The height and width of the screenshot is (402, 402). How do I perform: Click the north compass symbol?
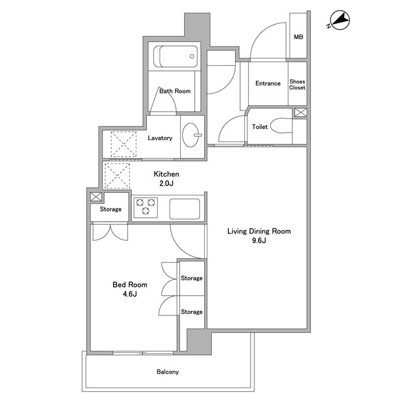(339, 20)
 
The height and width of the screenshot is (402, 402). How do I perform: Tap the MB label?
(298, 37)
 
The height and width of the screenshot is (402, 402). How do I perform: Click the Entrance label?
(268, 84)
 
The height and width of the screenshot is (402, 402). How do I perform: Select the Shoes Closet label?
(297, 85)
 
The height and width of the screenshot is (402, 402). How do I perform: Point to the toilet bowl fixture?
(281, 126)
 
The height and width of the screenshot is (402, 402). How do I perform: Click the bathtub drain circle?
(192, 57)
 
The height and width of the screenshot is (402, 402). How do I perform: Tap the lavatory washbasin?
(191, 135)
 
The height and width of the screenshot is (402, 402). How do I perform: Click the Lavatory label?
(160, 138)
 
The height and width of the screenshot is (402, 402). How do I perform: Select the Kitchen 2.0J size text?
(166, 183)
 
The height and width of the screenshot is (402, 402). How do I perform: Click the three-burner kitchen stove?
(146, 207)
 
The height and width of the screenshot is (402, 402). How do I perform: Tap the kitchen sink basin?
(185, 209)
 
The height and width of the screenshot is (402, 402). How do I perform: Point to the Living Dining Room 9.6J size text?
(259, 241)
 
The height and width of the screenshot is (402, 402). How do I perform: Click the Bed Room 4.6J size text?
(130, 294)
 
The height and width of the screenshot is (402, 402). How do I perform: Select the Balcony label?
(168, 372)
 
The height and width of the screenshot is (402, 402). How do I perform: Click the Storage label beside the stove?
(111, 209)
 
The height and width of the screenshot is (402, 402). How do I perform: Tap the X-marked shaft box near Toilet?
(300, 112)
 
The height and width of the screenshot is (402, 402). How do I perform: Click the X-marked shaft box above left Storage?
(96, 197)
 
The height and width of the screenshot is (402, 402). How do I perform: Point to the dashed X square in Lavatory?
(124, 144)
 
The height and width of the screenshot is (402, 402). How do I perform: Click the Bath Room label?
(175, 91)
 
